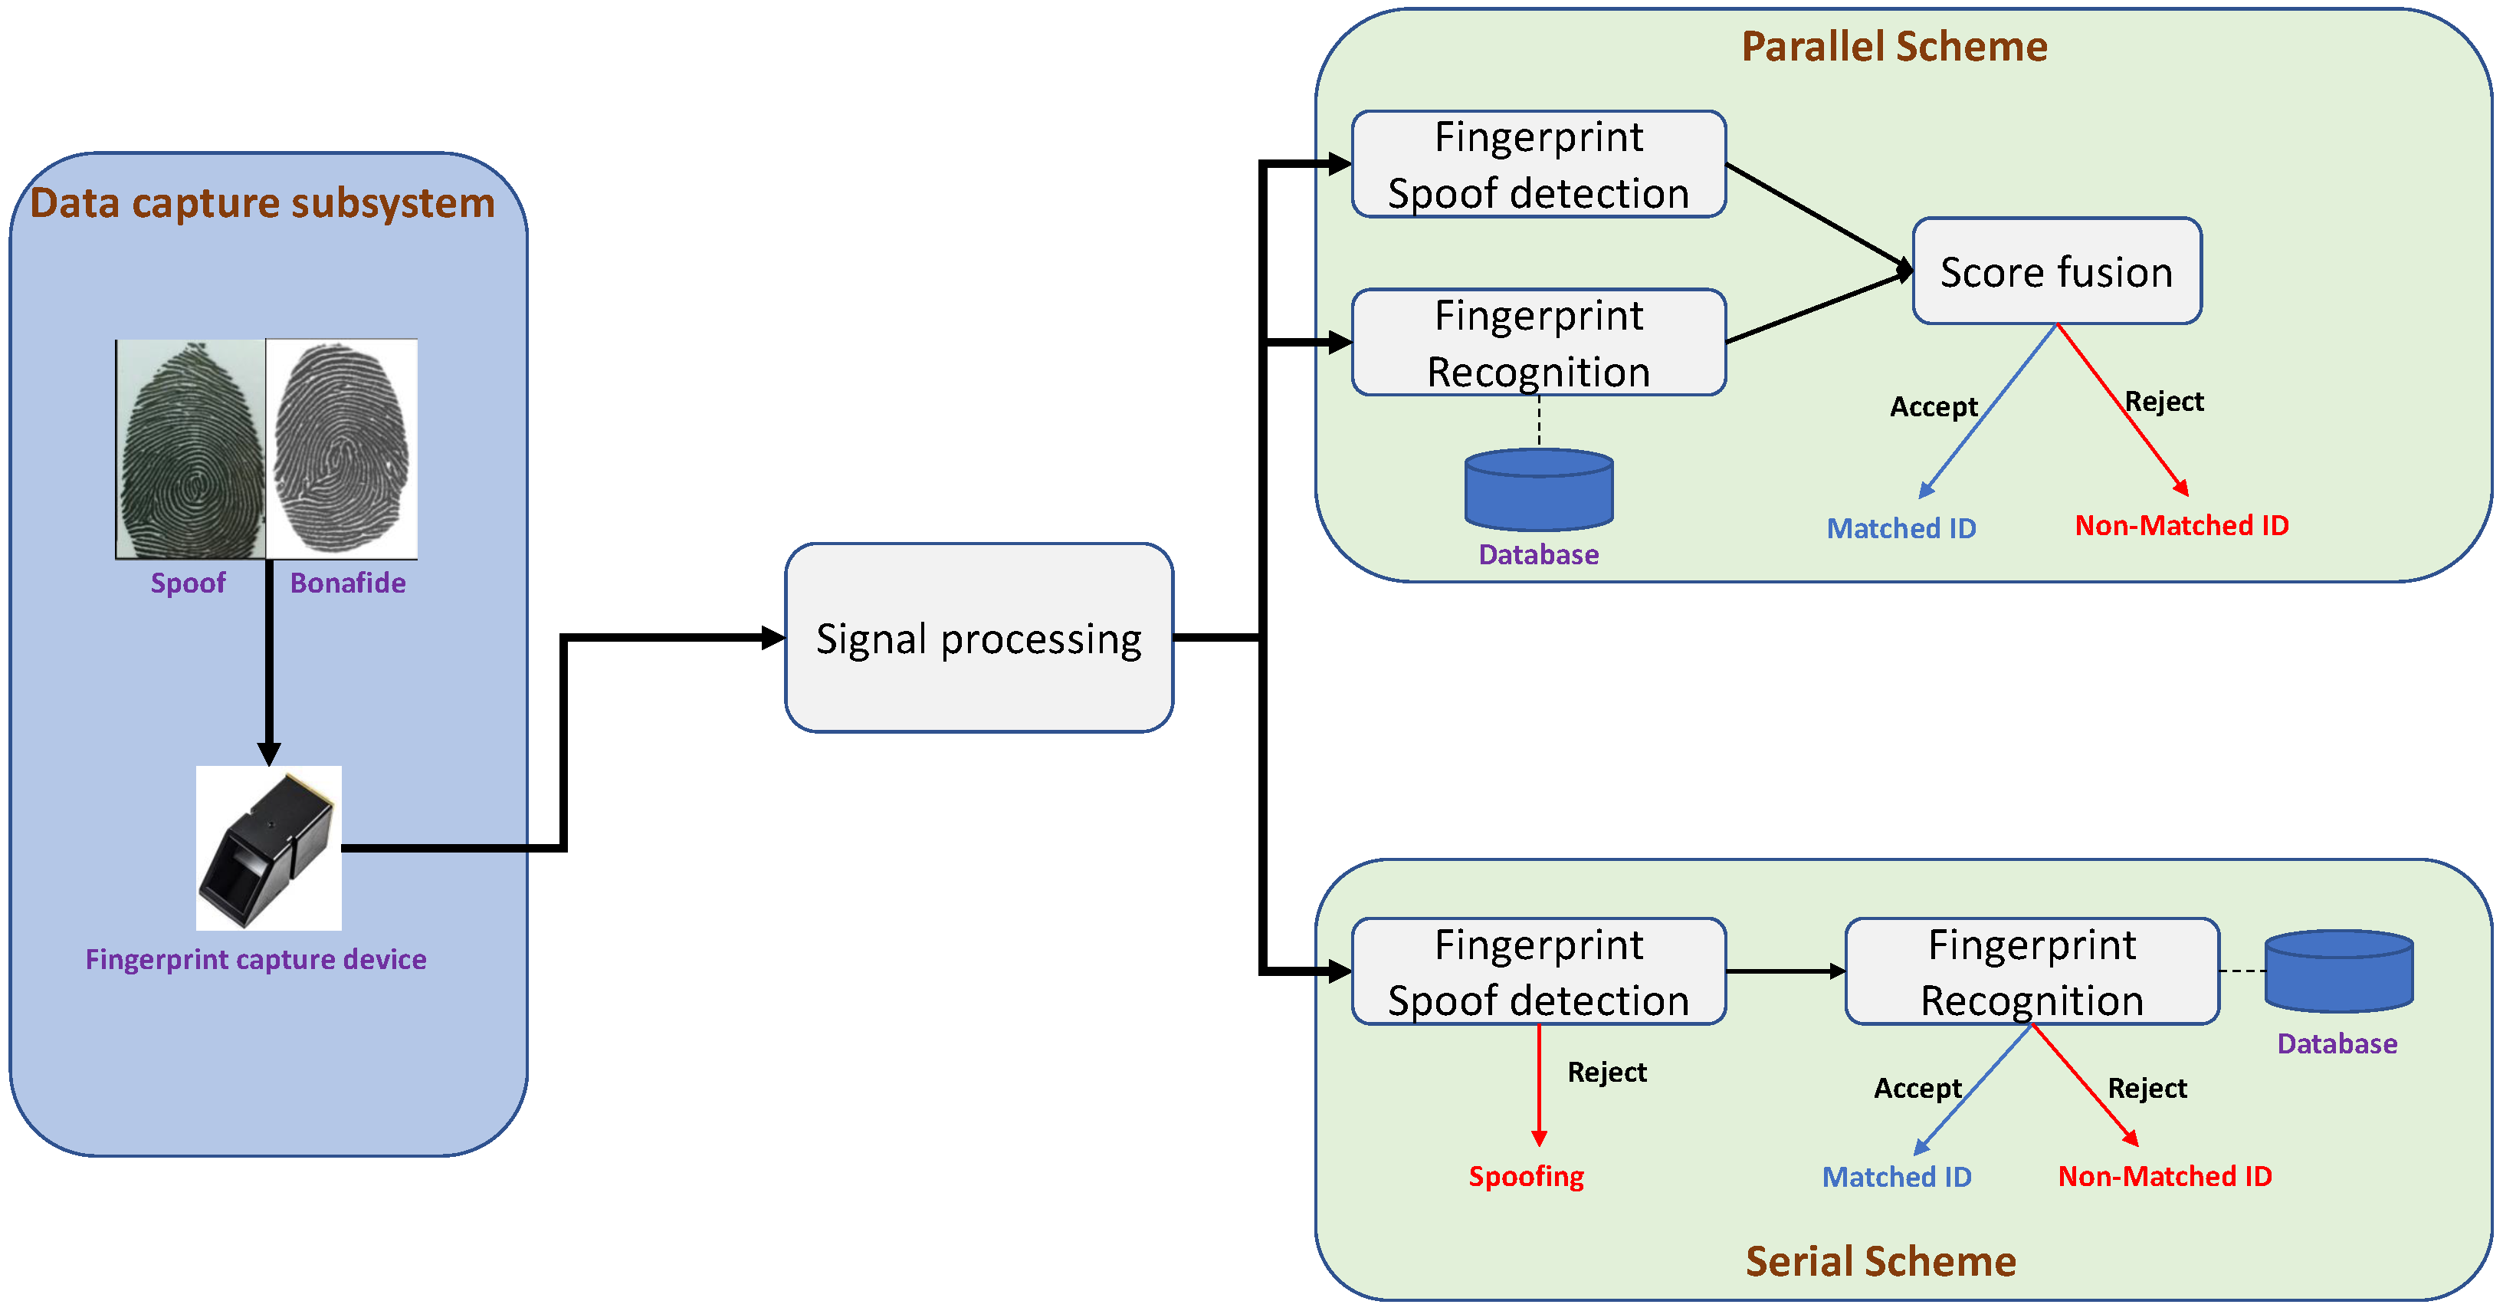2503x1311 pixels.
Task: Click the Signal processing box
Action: pos(979,638)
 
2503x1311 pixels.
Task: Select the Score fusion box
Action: pos(2057,271)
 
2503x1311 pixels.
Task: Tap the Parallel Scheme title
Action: pos(1894,47)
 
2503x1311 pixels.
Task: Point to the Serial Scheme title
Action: pos(1880,1260)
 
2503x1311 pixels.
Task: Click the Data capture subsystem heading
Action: pos(262,203)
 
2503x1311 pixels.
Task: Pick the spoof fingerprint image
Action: pos(190,449)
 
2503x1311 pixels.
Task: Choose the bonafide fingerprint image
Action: pos(342,449)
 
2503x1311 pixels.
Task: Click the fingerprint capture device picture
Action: pos(269,847)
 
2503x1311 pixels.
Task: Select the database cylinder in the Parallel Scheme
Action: pos(1539,489)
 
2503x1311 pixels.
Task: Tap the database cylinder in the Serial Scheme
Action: pos(2339,971)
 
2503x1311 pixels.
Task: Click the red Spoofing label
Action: pos(1526,1177)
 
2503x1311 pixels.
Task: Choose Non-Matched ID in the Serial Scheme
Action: pos(2165,1177)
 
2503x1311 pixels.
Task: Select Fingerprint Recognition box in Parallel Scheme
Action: pos(1539,342)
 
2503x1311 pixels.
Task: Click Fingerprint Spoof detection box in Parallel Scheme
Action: pos(1539,164)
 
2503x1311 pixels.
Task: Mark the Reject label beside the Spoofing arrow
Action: pos(1607,1072)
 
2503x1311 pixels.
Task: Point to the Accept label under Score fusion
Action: pos(1934,407)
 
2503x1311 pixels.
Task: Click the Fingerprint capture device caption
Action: pos(255,960)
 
